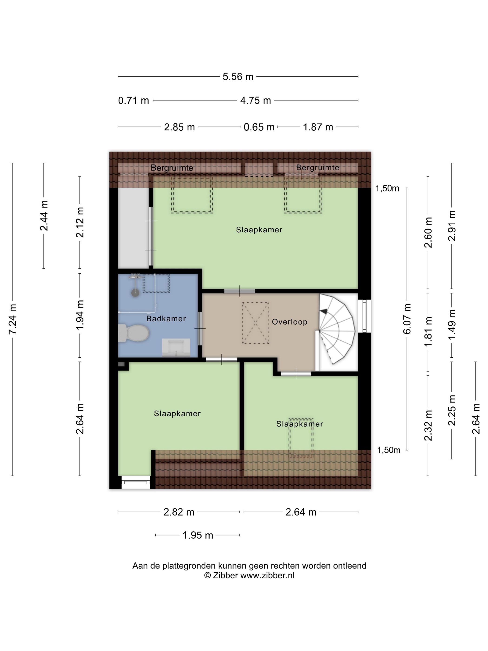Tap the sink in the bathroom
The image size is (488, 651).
pos(176,347)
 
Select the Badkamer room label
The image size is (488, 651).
pos(166,319)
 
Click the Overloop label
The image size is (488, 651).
pos(290,322)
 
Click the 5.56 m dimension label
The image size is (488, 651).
pos(238,76)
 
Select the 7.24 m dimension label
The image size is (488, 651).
pos(12,319)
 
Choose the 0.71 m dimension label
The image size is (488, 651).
pos(134,101)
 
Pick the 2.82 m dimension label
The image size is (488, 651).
pos(179,512)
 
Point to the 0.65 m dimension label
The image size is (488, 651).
pos(259,127)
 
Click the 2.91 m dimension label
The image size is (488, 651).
pos(452,226)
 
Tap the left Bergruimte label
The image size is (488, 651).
pos(172,168)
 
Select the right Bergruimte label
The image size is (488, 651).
pos(318,167)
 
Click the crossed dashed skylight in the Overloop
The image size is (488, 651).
pos(256,323)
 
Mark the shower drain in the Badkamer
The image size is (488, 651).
pos(135,292)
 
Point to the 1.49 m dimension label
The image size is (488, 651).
pos(452,324)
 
